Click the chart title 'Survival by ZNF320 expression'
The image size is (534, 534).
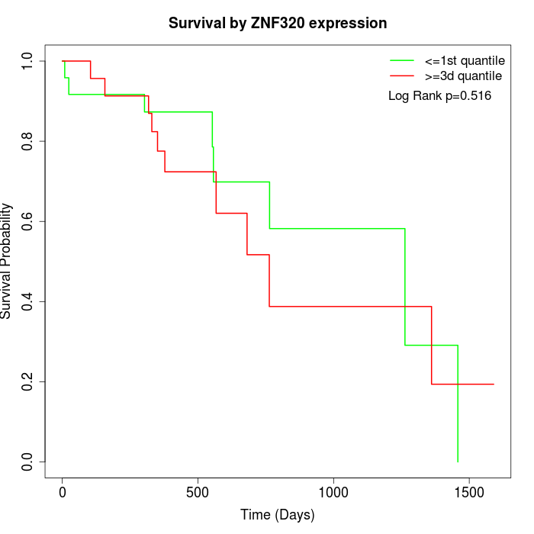(278, 24)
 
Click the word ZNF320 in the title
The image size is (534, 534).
(278, 24)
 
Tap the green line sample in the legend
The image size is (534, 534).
(402, 60)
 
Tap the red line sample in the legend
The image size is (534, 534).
(402, 76)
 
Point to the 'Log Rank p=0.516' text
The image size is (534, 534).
(439, 96)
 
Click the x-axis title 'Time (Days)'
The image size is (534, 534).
(278, 515)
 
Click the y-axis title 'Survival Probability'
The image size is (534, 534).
(7, 261)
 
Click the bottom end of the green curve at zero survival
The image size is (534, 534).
(458, 462)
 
